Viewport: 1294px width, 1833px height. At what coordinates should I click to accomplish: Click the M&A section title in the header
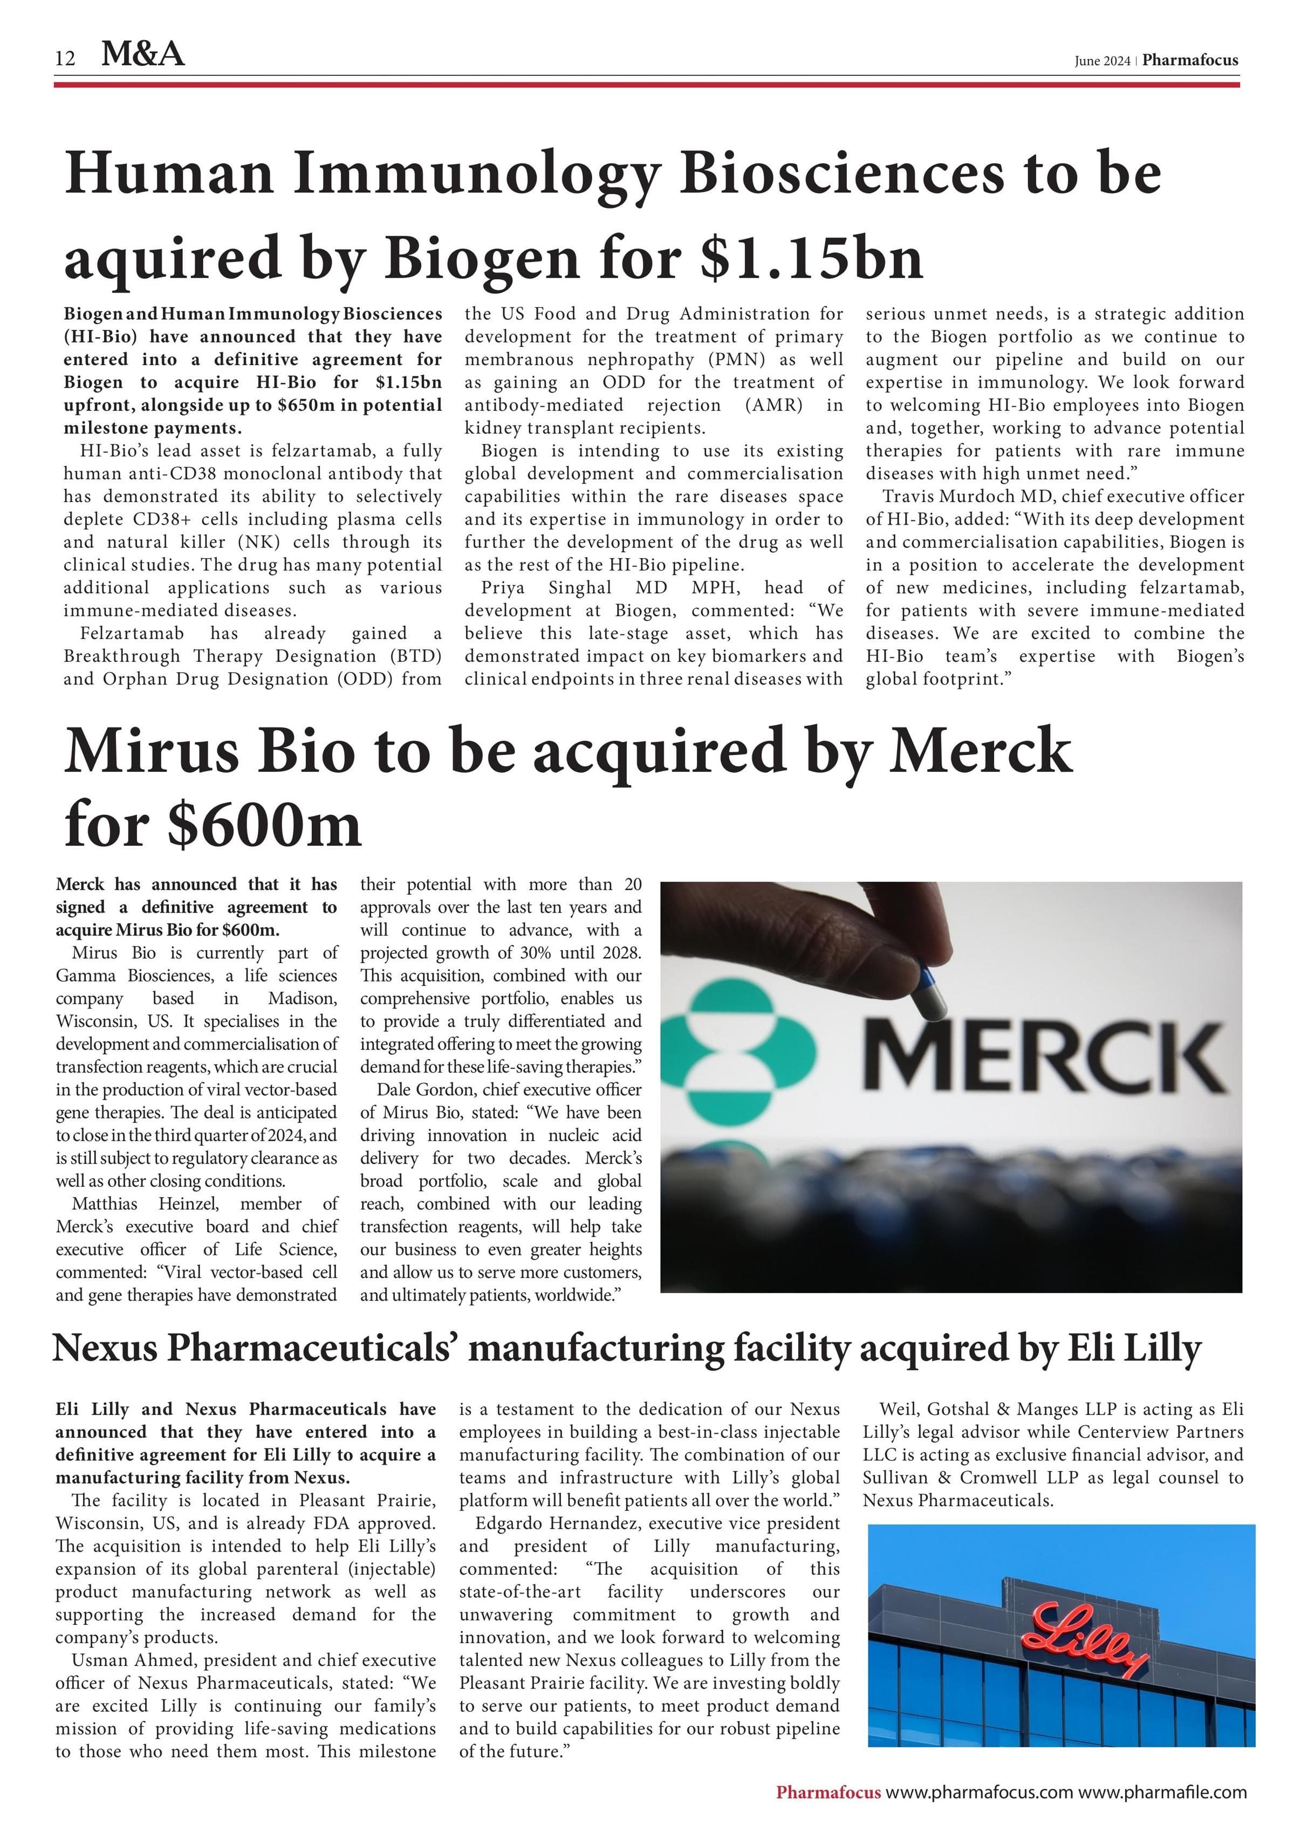tap(143, 54)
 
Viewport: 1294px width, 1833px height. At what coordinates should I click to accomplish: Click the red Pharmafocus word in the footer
tap(828, 1792)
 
